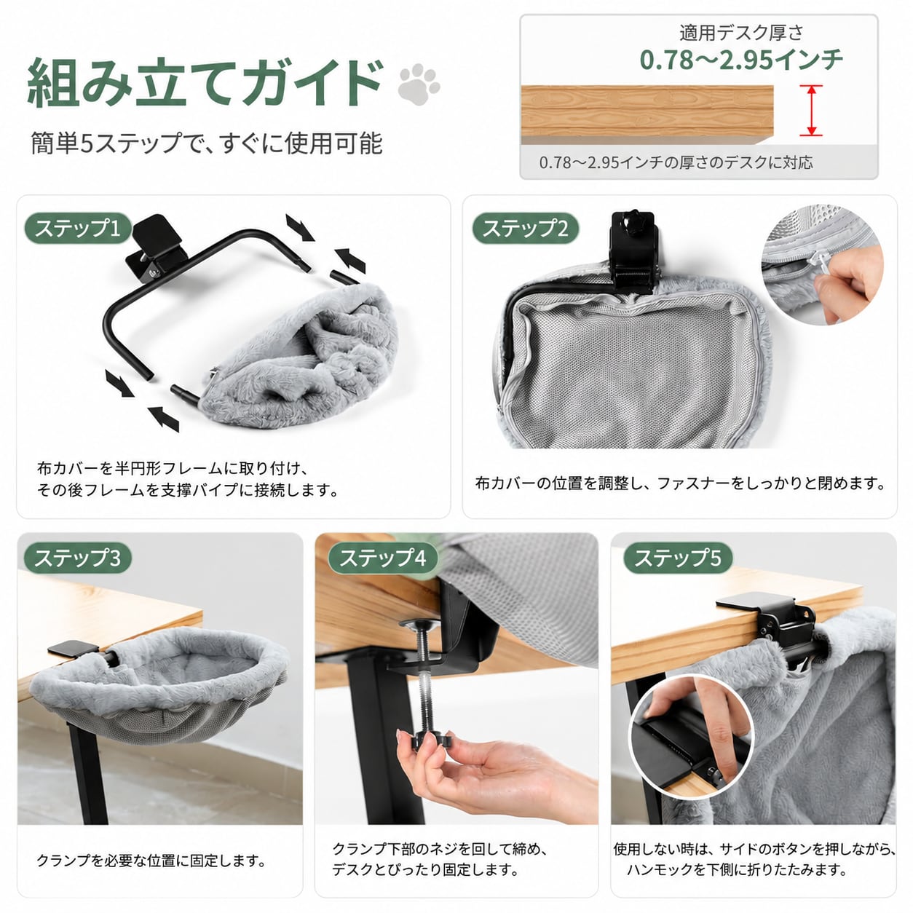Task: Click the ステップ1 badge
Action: click(78, 229)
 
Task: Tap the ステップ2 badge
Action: click(526, 229)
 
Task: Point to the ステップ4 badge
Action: click(383, 558)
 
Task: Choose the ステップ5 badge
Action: click(678, 558)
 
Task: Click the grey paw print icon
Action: click(419, 84)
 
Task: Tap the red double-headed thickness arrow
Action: click(811, 111)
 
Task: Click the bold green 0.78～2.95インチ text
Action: click(741, 60)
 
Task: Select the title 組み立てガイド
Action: click(205, 82)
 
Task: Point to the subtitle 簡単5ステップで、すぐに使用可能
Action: click(207, 143)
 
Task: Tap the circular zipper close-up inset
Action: click(822, 264)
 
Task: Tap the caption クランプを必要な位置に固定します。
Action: click(151, 861)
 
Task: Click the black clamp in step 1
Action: click(157, 249)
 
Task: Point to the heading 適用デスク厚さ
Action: click(741, 32)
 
